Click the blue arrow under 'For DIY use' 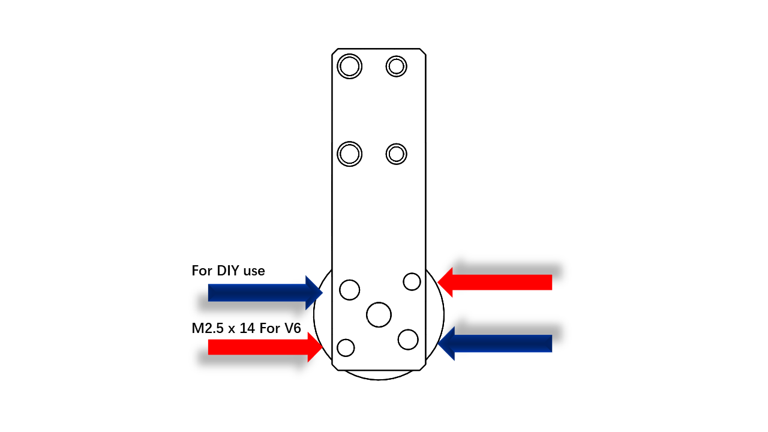(265, 293)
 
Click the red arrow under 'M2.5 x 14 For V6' (265, 347)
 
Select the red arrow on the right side (495, 282)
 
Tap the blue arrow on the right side (495, 343)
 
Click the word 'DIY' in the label (228, 271)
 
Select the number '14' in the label (247, 328)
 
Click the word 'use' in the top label (254, 272)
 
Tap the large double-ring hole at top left (349, 66)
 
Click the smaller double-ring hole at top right (397, 66)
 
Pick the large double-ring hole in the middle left (349, 154)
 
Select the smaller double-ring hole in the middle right (397, 154)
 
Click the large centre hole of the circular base (379, 315)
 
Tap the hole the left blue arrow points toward (349, 290)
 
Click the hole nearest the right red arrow (412, 281)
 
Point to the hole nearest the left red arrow (346, 347)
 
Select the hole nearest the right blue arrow (408, 340)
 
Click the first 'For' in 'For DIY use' (202, 271)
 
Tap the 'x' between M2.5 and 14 (232, 329)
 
